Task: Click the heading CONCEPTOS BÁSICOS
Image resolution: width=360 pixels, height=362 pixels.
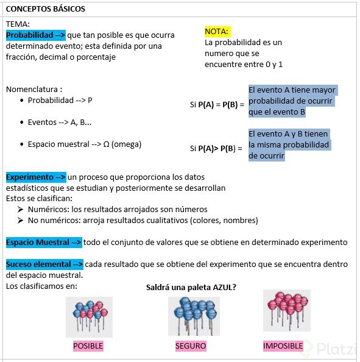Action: [x=46, y=9]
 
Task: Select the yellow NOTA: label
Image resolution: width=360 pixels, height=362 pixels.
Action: [x=217, y=31]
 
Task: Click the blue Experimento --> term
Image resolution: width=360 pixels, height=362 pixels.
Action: [x=36, y=177]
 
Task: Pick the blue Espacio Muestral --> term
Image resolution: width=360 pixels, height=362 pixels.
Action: [x=43, y=243]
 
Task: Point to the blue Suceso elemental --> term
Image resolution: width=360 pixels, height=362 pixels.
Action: [x=44, y=264]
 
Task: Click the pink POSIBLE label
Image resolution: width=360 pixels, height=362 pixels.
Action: [x=88, y=346]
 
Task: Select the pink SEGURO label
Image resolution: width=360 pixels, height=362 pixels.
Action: [x=190, y=346]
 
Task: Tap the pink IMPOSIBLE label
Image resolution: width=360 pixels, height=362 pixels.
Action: [x=283, y=346]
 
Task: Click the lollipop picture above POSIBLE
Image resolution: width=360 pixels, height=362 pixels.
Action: [x=89, y=317]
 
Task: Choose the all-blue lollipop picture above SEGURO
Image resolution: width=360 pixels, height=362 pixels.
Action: [x=193, y=316]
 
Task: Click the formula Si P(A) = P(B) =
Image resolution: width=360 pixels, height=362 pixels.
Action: [x=216, y=105]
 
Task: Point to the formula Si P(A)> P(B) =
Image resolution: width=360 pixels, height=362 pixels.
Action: [x=216, y=148]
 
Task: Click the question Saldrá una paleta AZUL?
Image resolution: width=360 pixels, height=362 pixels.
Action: [x=191, y=287]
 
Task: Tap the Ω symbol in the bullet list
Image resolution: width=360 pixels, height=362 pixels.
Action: [x=106, y=144]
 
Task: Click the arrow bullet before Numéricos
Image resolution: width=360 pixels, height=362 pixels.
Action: [x=21, y=210]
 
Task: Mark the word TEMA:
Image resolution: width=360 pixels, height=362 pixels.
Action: [x=18, y=24]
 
